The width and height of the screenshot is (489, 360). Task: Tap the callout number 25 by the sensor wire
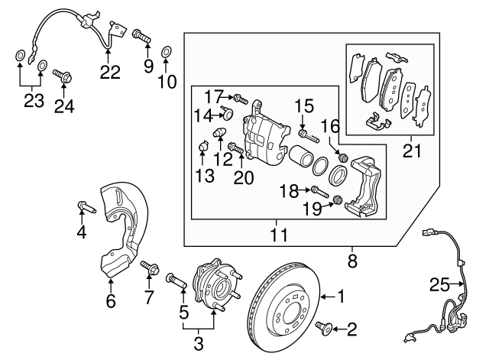(x=438, y=285)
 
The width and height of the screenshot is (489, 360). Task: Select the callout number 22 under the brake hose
(x=110, y=73)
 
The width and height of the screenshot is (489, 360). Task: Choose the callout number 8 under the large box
(x=352, y=260)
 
